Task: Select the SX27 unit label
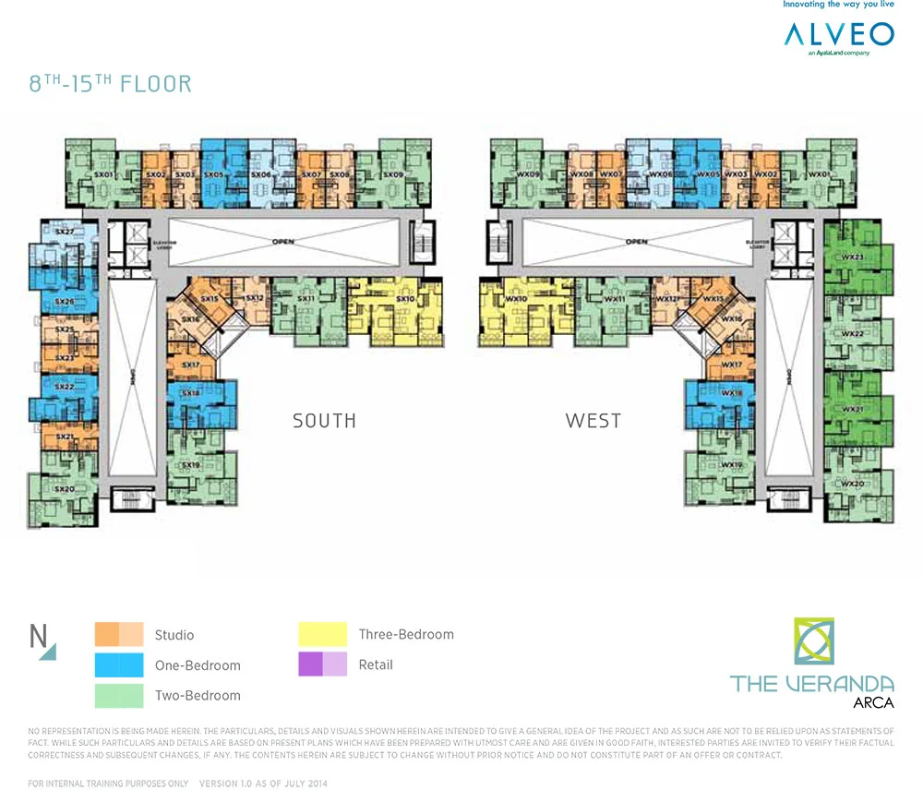click(64, 232)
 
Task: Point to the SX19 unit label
click(191, 464)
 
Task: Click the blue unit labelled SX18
click(191, 393)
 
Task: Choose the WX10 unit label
click(516, 299)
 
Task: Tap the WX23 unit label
click(851, 256)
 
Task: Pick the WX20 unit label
click(851, 484)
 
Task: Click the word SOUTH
click(324, 421)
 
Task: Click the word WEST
click(593, 421)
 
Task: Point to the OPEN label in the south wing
click(283, 243)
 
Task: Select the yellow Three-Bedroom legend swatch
click(323, 634)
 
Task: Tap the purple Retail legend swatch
click(323, 664)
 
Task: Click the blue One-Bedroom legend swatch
click(119, 664)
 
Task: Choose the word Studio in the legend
click(174, 635)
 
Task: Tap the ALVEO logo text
click(838, 35)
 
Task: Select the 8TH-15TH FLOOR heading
click(111, 84)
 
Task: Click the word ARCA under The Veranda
click(872, 703)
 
